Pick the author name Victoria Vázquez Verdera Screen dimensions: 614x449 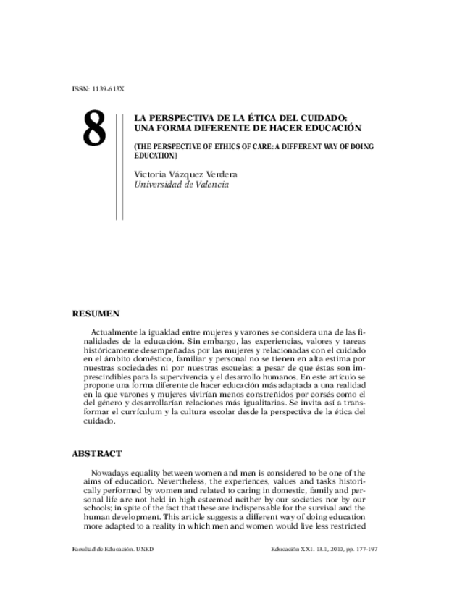point(185,174)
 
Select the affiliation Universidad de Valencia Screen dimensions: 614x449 point(181,185)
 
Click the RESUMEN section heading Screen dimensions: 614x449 point(96,314)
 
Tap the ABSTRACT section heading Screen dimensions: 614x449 point(97,454)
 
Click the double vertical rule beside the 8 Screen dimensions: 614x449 point(120,163)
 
